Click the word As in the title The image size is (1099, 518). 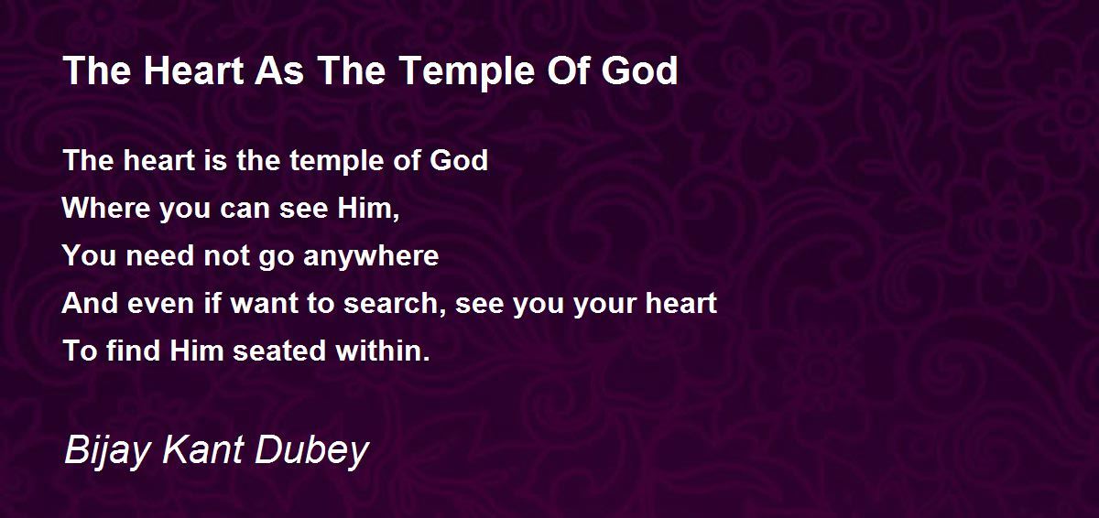(279, 70)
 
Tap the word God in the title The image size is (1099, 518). (640, 70)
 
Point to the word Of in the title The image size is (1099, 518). (568, 70)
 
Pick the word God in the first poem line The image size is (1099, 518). (459, 160)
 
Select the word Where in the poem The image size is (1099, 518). (106, 209)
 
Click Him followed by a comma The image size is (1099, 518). (368, 210)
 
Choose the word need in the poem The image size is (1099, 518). (160, 256)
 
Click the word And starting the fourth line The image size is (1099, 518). (91, 303)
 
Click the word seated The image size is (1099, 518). (279, 351)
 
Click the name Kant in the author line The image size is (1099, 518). (202, 450)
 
